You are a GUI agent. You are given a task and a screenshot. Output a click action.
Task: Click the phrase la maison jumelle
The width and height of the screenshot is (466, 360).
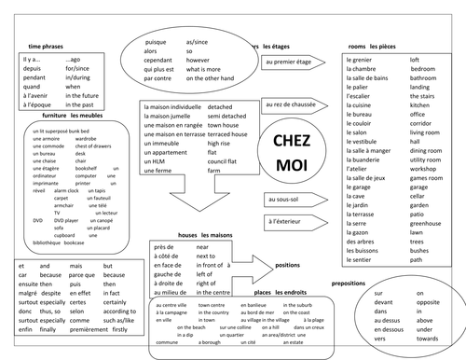(167, 118)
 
